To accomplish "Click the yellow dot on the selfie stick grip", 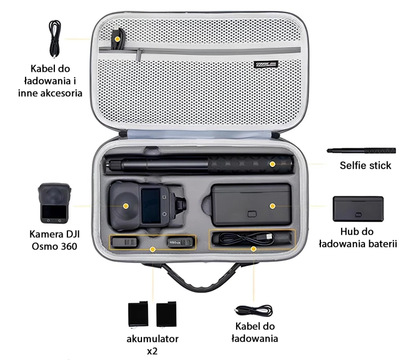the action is click(273, 164).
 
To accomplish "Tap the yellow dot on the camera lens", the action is click(126, 206).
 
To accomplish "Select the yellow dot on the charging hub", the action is click(273, 206).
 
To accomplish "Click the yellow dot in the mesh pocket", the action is click(118, 39).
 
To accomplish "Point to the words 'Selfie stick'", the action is click(366, 165).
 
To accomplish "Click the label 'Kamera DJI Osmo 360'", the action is click(54, 240).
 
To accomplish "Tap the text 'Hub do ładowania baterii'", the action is click(358, 238).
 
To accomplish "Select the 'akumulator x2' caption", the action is click(152, 345).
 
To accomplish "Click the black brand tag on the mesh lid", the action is click(265, 64).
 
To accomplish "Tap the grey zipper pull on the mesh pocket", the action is click(140, 54).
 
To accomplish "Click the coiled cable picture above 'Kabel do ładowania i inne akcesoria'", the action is click(54, 39).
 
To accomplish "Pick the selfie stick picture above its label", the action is click(361, 150).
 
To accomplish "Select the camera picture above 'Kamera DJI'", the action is click(54, 203).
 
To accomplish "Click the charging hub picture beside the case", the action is click(358, 209).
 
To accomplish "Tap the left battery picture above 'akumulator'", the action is click(138, 314).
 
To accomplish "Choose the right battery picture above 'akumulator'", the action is click(166, 314).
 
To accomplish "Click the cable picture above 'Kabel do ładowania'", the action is click(254, 311).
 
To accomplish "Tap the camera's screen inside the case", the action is click(151, 206).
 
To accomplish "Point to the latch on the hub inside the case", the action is click(252, 214).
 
